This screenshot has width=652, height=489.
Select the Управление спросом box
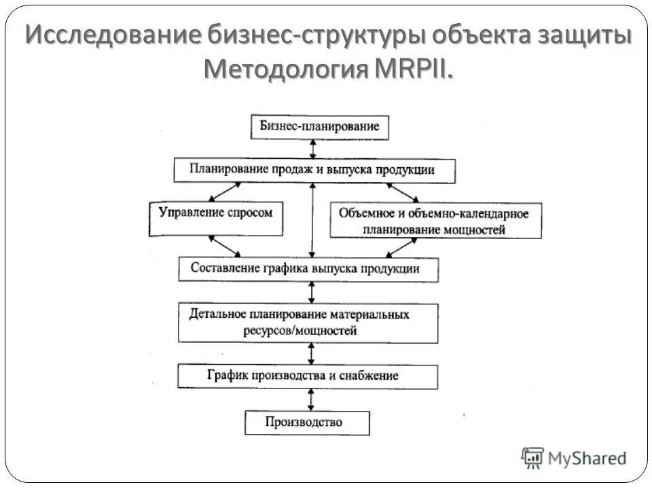(215, 213)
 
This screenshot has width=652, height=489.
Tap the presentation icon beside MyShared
(533, 457)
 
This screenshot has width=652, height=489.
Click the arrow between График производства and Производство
(311, 399)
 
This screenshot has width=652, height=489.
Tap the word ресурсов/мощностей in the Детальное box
(300, 331)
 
